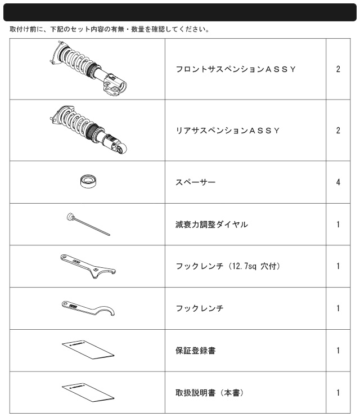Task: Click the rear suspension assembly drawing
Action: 88,129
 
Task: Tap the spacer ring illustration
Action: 88,182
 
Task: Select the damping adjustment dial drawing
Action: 88,224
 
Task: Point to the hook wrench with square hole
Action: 88,266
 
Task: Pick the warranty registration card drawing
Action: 88,349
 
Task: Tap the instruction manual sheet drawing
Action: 88,392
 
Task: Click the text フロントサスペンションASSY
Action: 236,69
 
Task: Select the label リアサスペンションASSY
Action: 228,131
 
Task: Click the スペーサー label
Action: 195,182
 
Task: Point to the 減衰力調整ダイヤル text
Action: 211,225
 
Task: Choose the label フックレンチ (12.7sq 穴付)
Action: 228,266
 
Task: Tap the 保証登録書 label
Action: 195,351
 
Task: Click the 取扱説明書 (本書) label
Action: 210,393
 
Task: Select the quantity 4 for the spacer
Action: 338,182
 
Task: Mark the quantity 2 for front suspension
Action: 338,69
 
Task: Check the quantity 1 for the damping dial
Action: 338,225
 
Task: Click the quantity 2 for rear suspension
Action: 338,131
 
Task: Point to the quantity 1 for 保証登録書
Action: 338,351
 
